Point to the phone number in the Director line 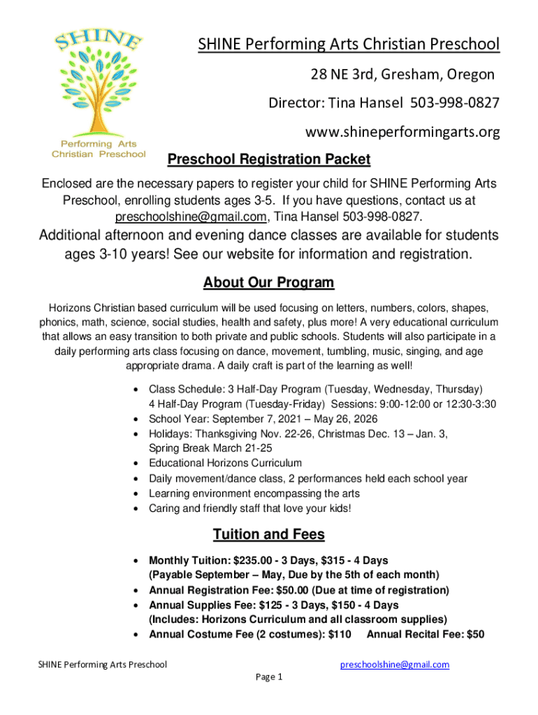(455, 103)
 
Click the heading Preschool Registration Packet (269, 160)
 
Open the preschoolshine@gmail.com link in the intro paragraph (191, 216)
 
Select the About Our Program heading (269, 283)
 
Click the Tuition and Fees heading (269, 535)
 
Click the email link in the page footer (394, 665)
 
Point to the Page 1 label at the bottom (269, 677)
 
